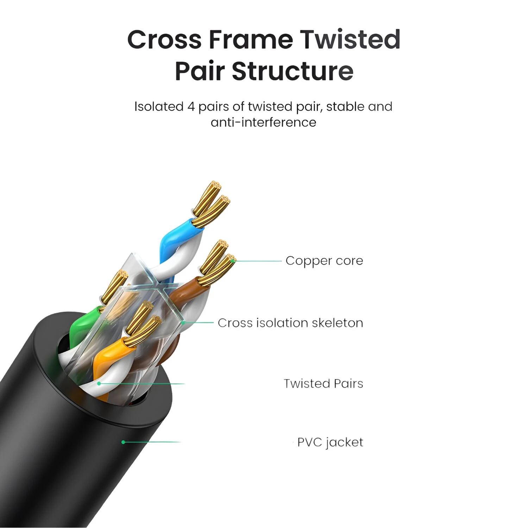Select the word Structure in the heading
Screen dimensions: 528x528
pyautogui.click(x=293, y=71)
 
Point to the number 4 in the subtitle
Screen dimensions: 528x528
pyautogui.click(x=191, y=107)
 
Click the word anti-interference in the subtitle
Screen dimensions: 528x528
pyautogui.click(x=264, y=122)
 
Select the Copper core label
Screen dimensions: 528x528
pyautogui.click(x=324, y=261)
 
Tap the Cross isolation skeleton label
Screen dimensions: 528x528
pyautogui.click(x=290, y=323)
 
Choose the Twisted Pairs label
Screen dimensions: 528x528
pyautogui.click(x=323, y=383)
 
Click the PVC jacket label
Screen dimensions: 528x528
pyautogui.click(x=330, y=442)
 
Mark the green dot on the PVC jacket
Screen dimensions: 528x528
pyautogui.click(x=123, y=442)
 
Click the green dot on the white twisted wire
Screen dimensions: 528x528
pyautogui.click(x=100, y=383)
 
